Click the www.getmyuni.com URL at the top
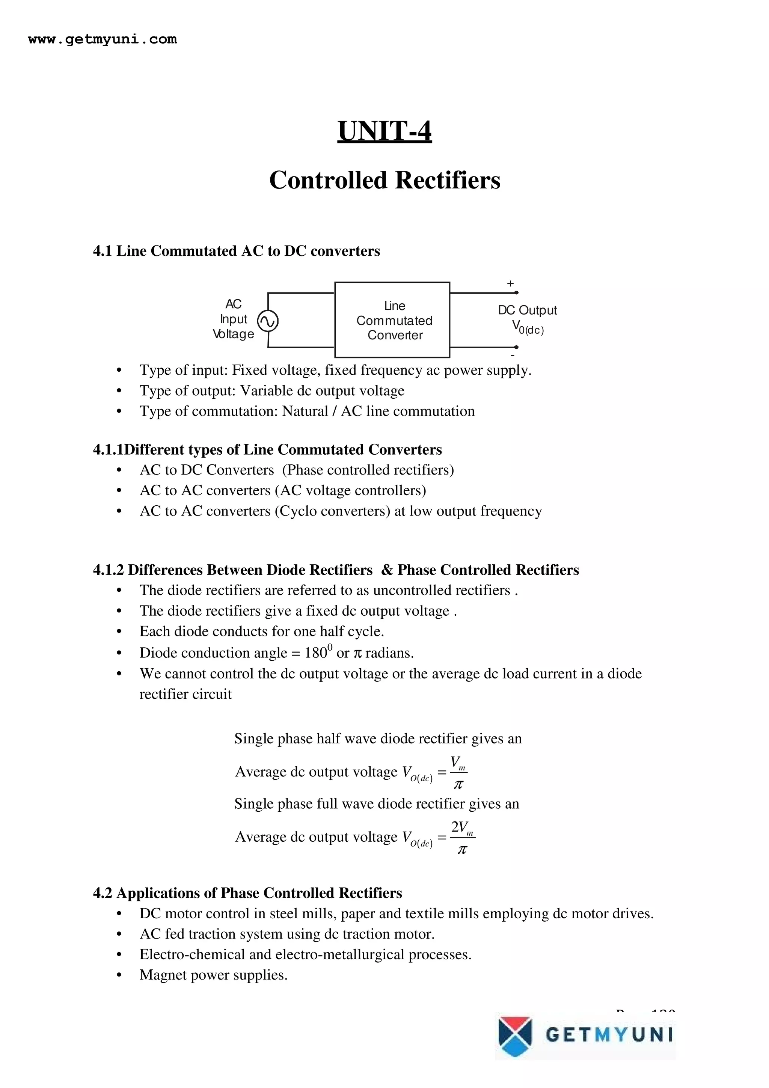(103, 39)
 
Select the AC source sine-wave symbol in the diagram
(267, 321)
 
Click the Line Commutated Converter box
(392, 320)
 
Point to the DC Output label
(527, 310)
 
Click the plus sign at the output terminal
(510, 283)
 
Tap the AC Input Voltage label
(233, 319)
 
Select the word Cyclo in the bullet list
(299, 511)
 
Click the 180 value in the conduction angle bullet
(315, 653)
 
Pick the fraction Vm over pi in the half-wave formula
(458, 773)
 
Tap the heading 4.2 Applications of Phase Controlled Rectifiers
(247, 893)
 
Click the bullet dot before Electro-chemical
(119, 955)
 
